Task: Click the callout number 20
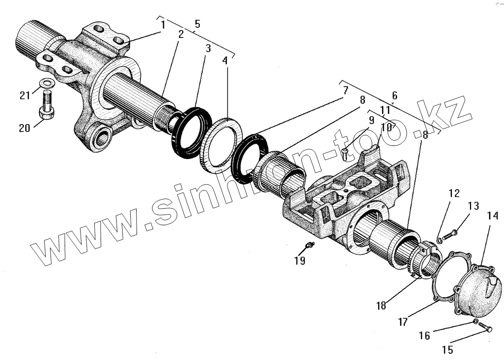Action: [24, 128]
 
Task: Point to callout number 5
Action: [197, 23]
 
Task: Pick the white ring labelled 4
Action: [222, 145]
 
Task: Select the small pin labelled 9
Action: [345, 154]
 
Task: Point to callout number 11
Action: [385, 110]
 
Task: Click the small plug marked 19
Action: [309, 245]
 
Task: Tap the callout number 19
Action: [300, 261]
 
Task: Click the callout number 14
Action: [492, 216]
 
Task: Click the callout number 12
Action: [453, 194]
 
